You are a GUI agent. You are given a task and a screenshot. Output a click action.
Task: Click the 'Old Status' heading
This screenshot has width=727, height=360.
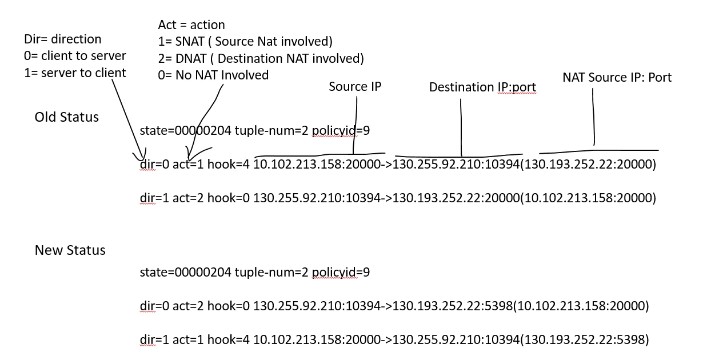(x=66, y=117)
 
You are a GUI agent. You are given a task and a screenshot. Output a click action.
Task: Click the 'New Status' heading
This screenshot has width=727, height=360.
(x=70, y=250)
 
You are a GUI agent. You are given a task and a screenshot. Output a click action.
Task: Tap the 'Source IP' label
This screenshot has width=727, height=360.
(x=355, y=86)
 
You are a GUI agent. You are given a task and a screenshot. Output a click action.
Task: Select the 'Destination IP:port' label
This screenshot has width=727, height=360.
(x=482, y=87)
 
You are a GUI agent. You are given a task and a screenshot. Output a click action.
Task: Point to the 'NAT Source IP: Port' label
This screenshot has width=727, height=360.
(x=617, y=77)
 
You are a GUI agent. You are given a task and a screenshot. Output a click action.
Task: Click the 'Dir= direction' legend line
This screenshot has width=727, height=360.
(x=63, y=39)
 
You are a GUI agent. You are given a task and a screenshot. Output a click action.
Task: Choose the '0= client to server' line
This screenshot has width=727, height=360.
(x=75, y=56)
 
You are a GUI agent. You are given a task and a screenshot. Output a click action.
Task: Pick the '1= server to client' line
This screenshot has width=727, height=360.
(x=75, y=73)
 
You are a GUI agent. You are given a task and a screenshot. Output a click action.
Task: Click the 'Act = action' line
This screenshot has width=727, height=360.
(x=191, y=25)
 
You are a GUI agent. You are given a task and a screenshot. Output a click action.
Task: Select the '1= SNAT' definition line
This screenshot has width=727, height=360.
(x=245, y=42)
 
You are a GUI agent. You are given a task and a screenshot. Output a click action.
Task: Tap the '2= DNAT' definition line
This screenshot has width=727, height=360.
(x=261, y=58)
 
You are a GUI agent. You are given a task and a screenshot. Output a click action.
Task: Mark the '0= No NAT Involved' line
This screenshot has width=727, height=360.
(x=213, y=75)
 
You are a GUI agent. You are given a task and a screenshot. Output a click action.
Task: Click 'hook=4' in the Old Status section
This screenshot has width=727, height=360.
(x=229, y=164)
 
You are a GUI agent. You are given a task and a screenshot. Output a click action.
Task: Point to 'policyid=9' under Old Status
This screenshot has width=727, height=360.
(x=341, y=131)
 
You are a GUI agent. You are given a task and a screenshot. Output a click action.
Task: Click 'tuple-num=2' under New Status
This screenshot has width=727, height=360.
(x=271, y=272)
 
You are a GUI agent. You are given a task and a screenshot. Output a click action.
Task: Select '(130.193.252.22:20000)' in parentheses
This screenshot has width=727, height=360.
(x=588, y=164)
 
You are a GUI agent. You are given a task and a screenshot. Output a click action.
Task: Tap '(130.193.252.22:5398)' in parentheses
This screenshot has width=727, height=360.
(x=585, y=339)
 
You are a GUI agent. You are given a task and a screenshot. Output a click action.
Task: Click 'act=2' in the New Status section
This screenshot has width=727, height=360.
(x=188, y=306)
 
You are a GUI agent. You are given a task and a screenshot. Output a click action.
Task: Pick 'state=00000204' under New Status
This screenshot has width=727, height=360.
(x=186, y=272)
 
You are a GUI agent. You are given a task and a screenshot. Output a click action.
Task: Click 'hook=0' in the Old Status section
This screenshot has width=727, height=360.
(x=229, y=198)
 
